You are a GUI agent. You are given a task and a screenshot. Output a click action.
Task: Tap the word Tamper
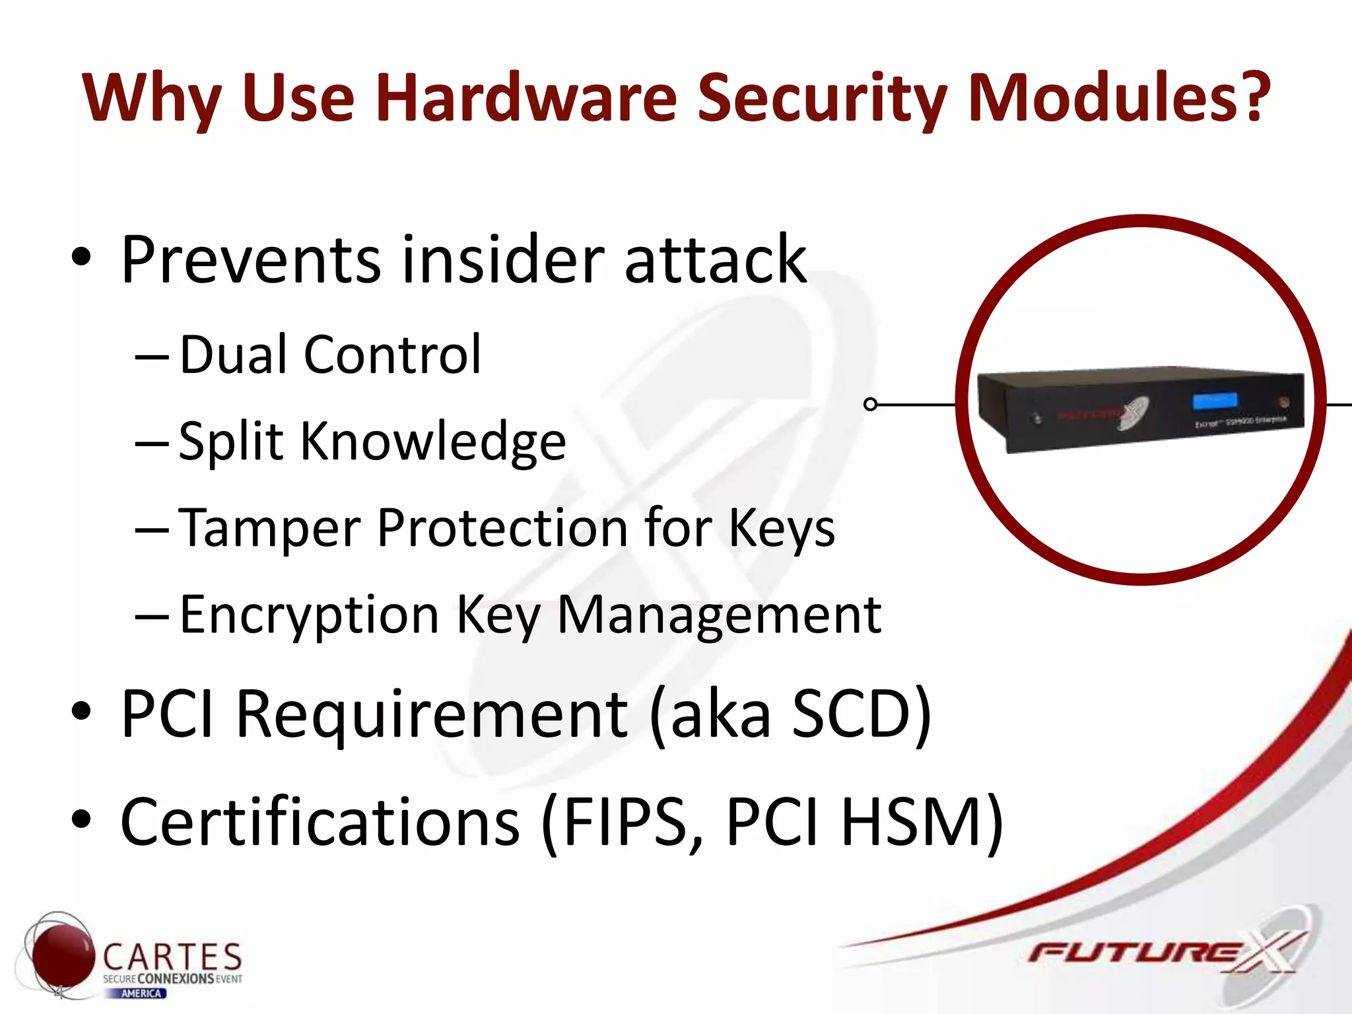coord(270,528)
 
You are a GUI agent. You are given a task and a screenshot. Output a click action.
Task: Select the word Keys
coord(782,528)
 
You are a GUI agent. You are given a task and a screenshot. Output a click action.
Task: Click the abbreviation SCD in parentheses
coord(852,714)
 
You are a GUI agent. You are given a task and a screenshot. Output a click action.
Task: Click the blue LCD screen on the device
coord(1215,401)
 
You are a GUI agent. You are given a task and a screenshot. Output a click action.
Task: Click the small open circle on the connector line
coord(871,404)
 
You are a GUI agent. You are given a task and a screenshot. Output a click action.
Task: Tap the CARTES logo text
coord(172,957)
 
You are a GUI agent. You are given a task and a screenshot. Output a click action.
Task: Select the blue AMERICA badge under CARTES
coord(142,994)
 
